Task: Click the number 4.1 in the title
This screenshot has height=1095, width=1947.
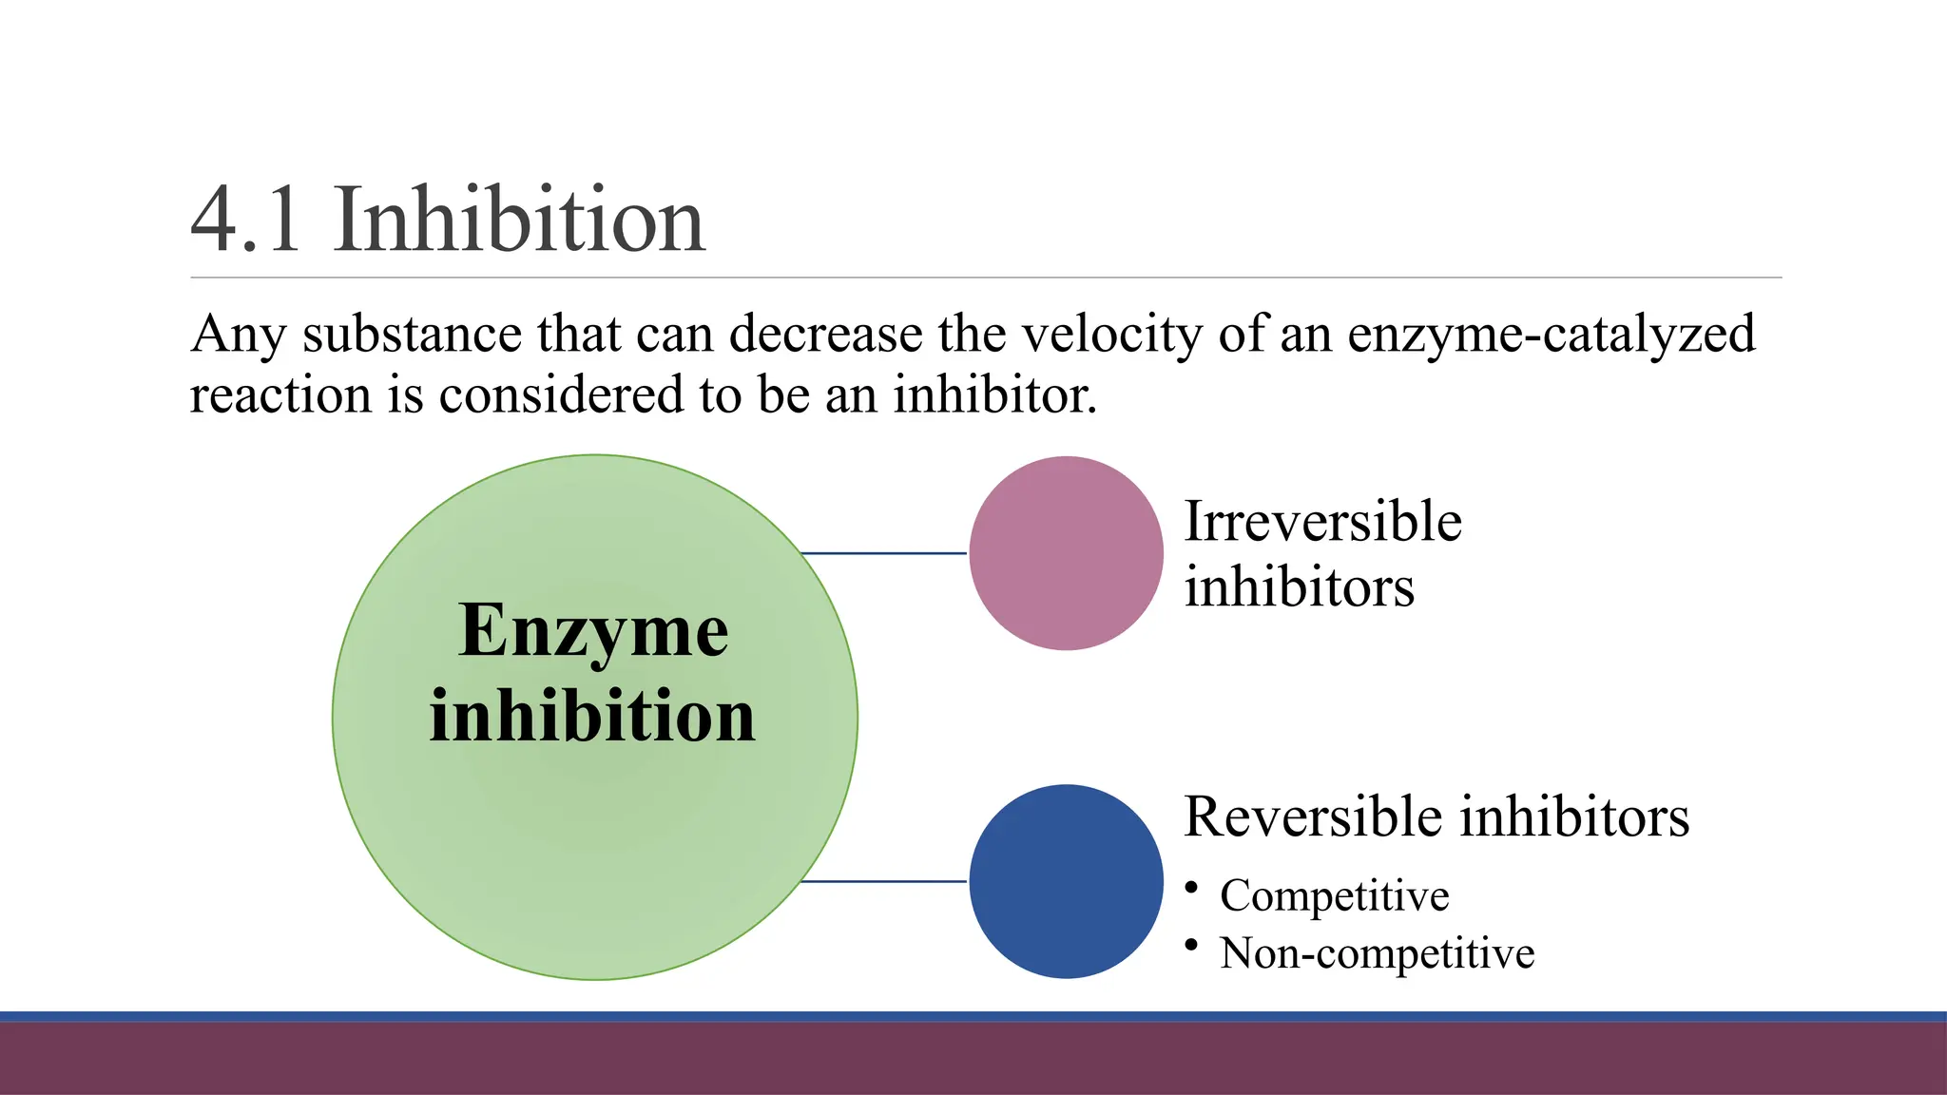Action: point(245,221)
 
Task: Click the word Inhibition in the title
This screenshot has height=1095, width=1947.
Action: point(519,221)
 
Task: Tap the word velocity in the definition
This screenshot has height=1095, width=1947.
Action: point(1112,335)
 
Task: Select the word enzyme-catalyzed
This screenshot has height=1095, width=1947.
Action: point(1551,335)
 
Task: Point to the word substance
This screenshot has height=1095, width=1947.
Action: point(412,335)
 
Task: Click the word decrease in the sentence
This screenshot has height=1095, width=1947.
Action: point(826,335)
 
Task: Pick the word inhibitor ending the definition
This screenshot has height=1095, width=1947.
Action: point(994,394)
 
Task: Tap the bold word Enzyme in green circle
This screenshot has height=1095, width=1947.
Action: point(593,631)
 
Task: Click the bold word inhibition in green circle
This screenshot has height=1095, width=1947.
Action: point(592,715)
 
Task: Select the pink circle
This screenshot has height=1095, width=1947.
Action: point(1066,553)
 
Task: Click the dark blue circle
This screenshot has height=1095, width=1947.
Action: point(1066,881)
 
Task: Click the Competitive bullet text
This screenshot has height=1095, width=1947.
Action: point(1334,895)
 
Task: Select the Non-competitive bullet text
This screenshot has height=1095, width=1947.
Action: point(1377,953)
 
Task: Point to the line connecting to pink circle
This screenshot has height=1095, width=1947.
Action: point(884,553)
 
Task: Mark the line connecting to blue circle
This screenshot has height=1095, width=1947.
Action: point(884,882)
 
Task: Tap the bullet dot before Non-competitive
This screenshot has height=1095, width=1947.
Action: point(1191,945)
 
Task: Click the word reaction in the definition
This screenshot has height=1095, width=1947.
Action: point(280,394)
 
